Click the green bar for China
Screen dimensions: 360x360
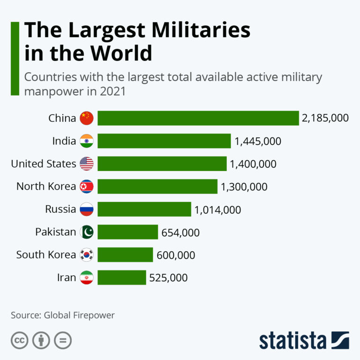[x=198, y=118]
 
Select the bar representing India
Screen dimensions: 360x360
[x=164, y=141]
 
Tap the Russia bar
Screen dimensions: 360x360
[x=144, y=209]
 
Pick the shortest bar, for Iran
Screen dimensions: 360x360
[x=122, y=277]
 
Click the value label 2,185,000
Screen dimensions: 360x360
[x=325, y=118]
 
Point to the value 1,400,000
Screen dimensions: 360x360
[x=253, y=164]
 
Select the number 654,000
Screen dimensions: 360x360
[x=180, y=232]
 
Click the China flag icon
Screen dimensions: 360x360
[x=87, y=118]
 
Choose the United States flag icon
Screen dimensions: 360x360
[x=87, y=164]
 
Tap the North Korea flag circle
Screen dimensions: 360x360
[x=87, y=187]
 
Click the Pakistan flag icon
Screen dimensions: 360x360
[x=87, y=232]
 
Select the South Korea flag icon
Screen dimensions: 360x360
[x=87, y=255]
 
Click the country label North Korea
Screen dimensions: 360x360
[x=46, y=187]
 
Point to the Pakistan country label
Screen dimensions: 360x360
[x=55, y=232]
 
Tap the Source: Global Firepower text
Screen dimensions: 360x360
[x=63, y=315]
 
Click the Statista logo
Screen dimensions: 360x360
[x=304, y=340]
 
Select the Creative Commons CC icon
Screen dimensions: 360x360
[x=19, y=341]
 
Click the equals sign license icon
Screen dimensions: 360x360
[x=62, y=341]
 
